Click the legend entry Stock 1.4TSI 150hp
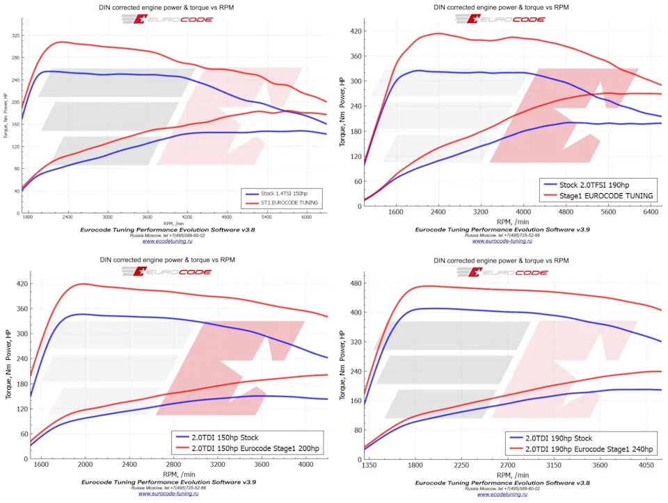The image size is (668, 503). (285, 192)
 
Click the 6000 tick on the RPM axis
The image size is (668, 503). (307, 217)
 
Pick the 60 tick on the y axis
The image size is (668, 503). (357, 182)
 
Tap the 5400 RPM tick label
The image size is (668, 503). (267, 217)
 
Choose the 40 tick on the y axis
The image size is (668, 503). (15, 190)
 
